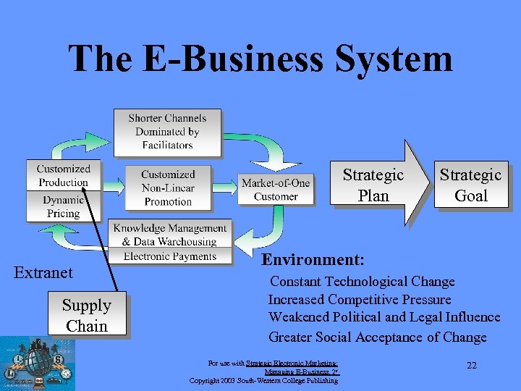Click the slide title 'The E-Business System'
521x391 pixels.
pos(260,59)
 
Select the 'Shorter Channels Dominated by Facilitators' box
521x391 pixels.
pos(167,131)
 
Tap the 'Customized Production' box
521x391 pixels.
pos(63,175)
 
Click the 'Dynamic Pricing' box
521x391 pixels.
pos(63,206)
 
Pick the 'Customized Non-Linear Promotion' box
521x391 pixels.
pos(168,188)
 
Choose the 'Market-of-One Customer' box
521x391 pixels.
pos(276,189)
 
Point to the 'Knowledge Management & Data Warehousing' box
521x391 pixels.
pos(169,235)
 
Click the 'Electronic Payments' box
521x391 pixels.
pos(169,256)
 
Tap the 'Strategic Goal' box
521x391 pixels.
pos(470,185)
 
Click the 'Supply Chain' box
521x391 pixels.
pos(87,316)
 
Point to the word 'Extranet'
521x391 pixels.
pos(44,273)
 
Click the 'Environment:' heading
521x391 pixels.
pos(313,259)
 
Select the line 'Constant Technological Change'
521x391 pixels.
pos(362,282)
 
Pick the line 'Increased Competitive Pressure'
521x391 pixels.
pos(360,300)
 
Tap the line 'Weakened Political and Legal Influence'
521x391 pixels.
pos(384,317)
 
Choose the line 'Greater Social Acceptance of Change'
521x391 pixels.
pos(377,337)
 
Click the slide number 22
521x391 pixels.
pos(472,366)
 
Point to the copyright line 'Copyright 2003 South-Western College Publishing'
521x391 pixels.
pos(263,381)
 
